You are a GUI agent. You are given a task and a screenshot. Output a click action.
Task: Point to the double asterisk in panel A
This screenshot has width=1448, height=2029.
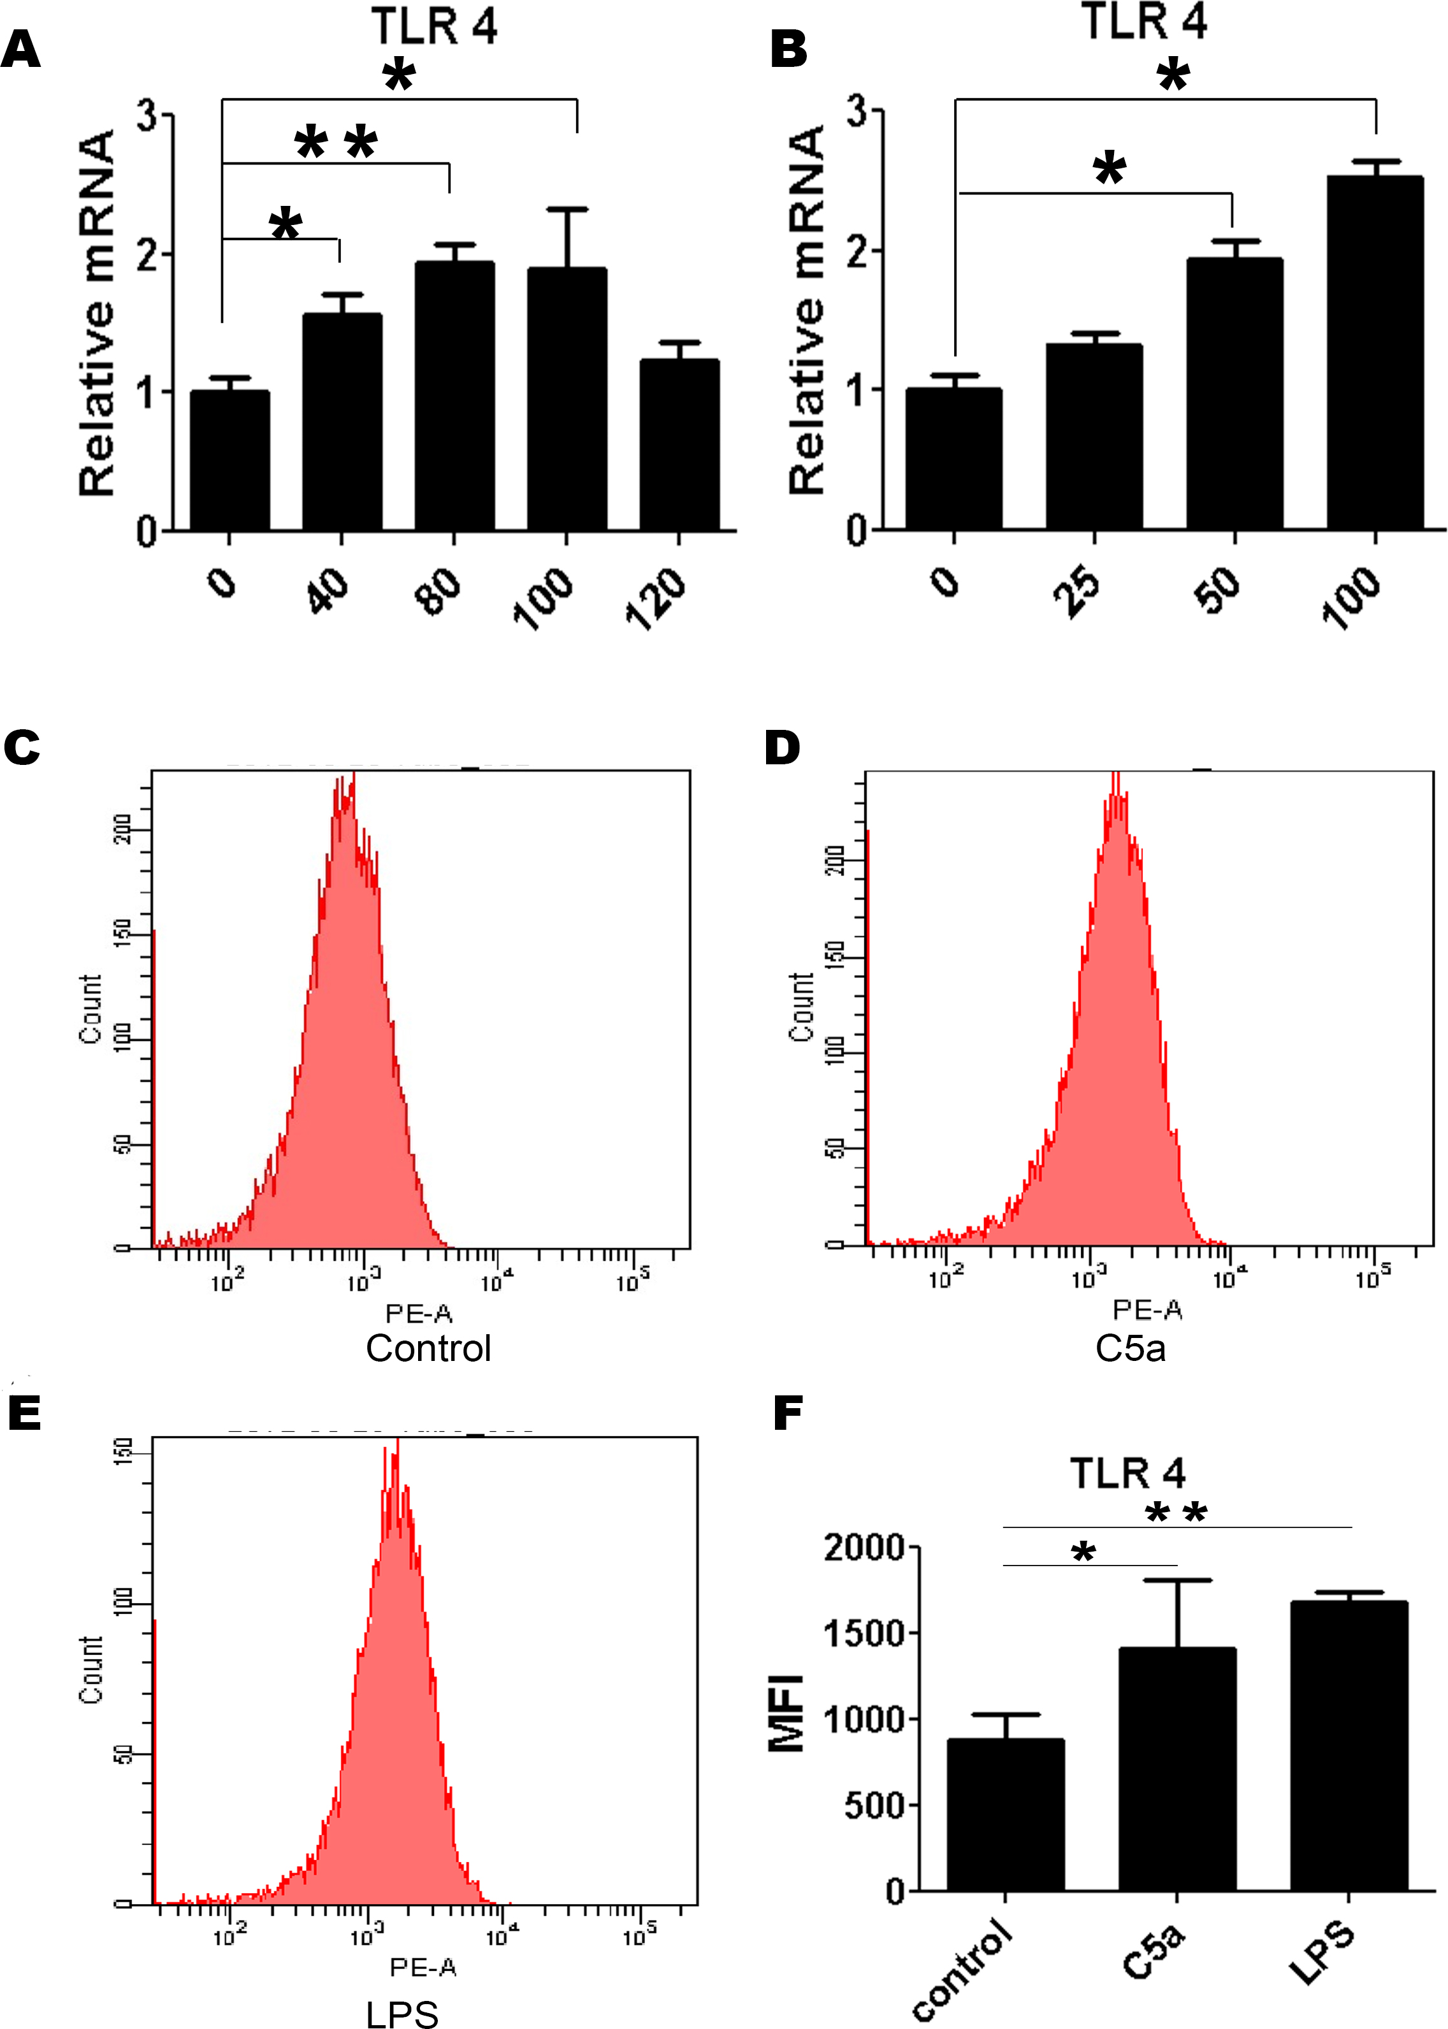click(336, 143)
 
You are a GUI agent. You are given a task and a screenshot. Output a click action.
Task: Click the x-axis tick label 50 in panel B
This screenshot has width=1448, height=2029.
click(1218, 588)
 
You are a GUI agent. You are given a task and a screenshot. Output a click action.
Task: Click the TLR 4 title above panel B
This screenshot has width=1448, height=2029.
click(1144, 22)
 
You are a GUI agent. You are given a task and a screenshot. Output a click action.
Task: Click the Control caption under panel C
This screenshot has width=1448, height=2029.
click(428, 1348)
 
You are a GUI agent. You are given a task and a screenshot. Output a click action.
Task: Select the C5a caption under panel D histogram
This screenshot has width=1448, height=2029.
click(1130, 1348)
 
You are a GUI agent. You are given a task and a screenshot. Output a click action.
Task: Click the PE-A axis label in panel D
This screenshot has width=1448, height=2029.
click(1147, 1309)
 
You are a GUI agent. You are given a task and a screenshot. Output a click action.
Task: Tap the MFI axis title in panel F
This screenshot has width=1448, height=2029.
click(786, 1714)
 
